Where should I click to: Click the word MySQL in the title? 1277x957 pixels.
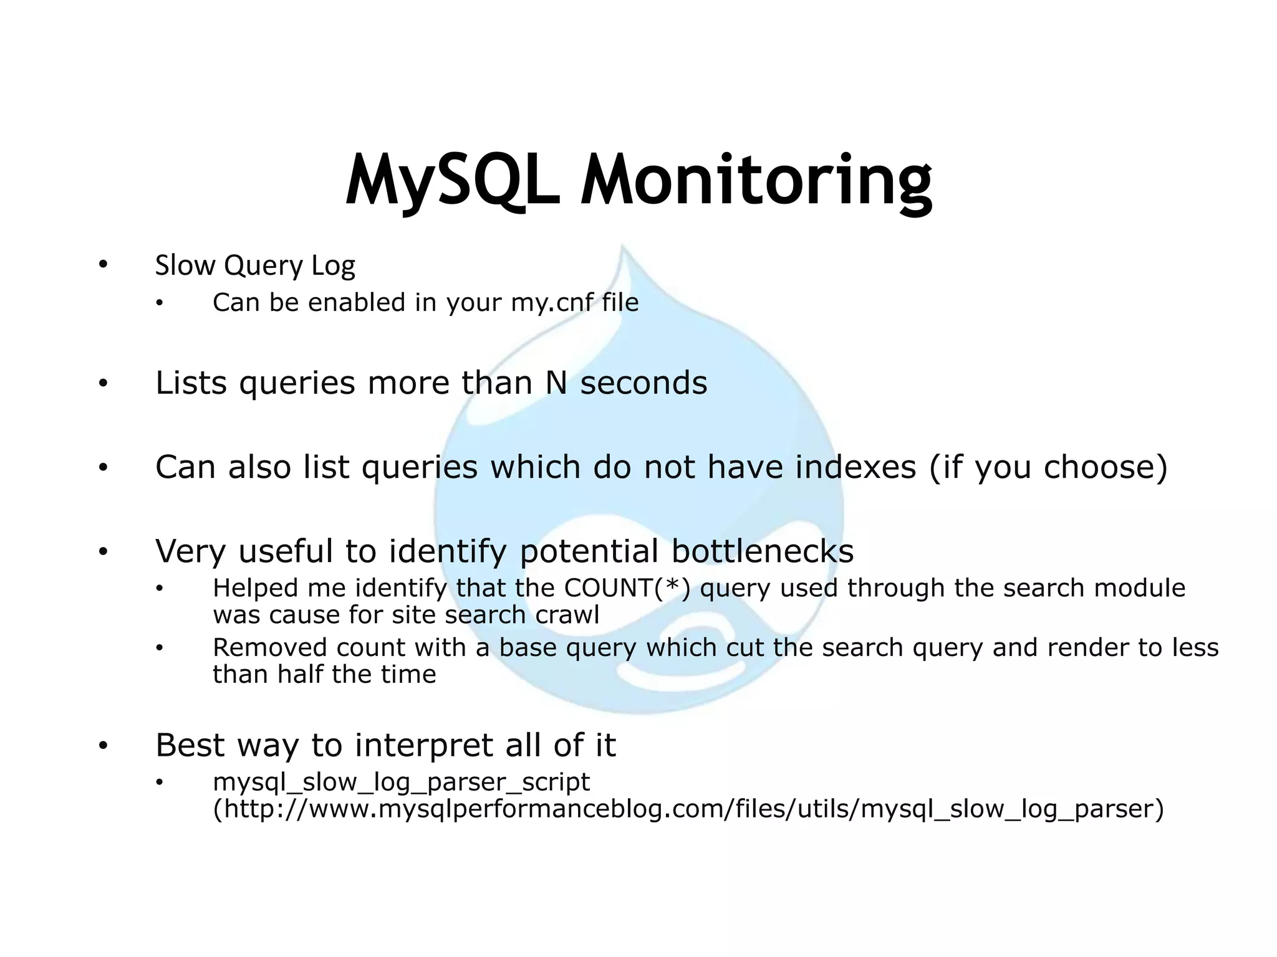[453, 181]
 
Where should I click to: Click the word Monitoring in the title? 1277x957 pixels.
[756, 181]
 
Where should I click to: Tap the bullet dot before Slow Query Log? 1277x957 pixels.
[103, 265]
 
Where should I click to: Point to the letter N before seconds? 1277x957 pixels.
[556, 383]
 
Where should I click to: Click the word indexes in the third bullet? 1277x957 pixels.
[855, 467]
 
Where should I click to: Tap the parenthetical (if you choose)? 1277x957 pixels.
[1048, 467]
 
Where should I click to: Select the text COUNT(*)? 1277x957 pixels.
[627, 588]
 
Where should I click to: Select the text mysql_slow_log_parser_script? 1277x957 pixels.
[401, 782]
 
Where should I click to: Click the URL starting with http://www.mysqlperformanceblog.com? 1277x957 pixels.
[688, 809]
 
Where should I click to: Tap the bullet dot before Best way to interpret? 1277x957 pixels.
[103, 745]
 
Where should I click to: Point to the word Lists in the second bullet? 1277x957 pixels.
[191, 383]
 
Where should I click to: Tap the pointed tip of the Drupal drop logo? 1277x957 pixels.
[622, 248]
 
